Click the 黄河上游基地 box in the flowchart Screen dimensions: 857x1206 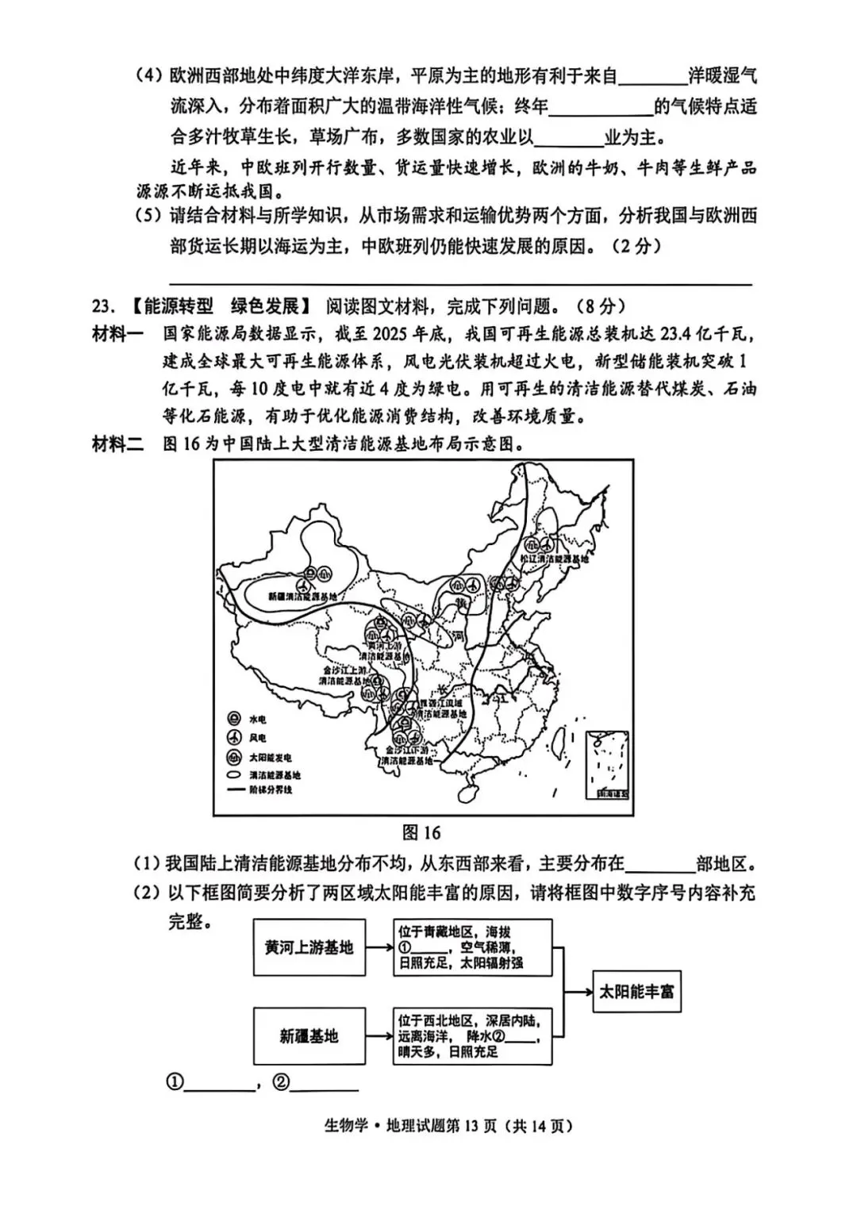pyautogui.click(x=309, y=947)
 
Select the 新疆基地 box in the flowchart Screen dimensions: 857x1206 pyautogui.click(x=309, y=1035)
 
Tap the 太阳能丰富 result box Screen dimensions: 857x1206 pyautogui.click(x=636, y=991)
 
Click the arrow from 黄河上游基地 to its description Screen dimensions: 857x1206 pyautogui.click(x=379, y=947)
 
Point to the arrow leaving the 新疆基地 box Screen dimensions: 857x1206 pyautogui.click(x=379, y=1035)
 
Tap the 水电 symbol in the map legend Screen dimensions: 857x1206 pyautogui.click(x=234, y=719)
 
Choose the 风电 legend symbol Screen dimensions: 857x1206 pyautogui.click(x=234, y=738)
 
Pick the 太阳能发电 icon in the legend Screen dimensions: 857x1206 pyautogui.click(x=234, y=757)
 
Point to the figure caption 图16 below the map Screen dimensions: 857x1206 pyautogui.click(x=421, y=832)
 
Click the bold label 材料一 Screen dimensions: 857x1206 pyautogui.click(x=117, y=334)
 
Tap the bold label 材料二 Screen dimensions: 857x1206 pyautogui.click(x=117, y=444)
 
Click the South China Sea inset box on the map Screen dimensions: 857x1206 pyautogui.click(x=606, y=764)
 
